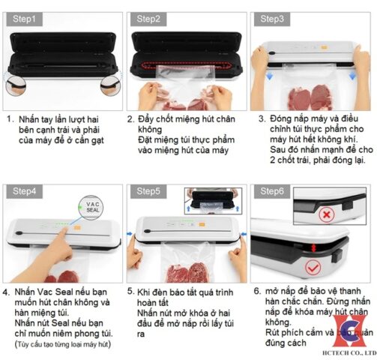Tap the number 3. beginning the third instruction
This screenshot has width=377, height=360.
click(262, 118)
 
